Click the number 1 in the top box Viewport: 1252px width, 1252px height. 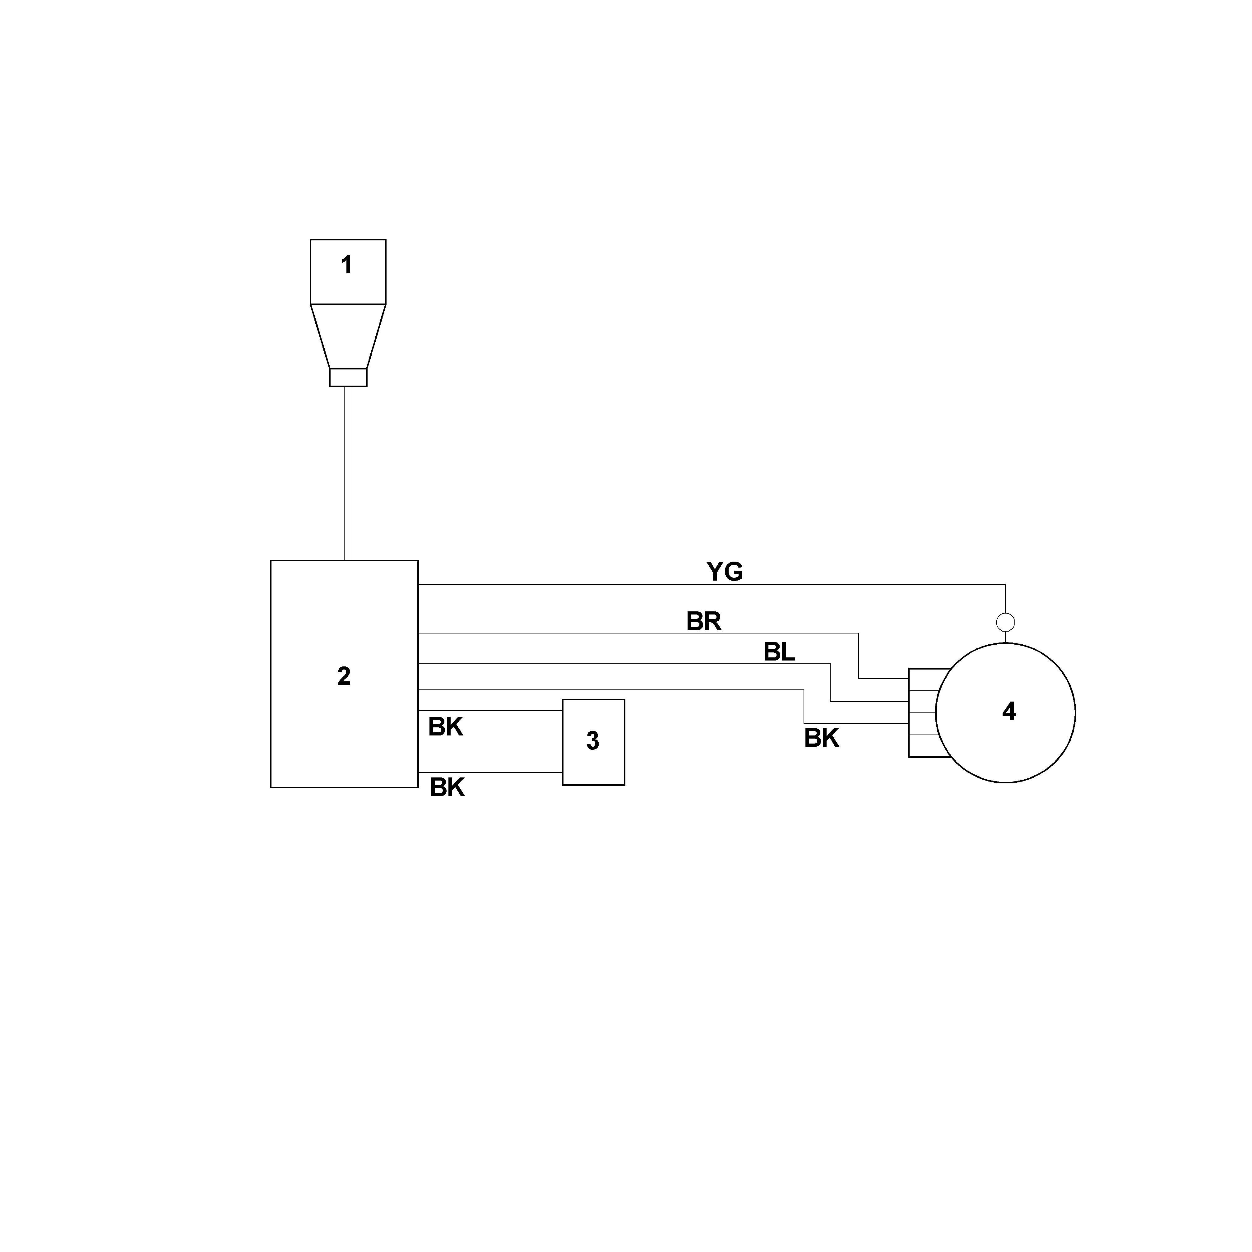(347, 265)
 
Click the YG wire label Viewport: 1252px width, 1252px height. (725, 572)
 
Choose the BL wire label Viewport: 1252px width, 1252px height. (779, 652)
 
